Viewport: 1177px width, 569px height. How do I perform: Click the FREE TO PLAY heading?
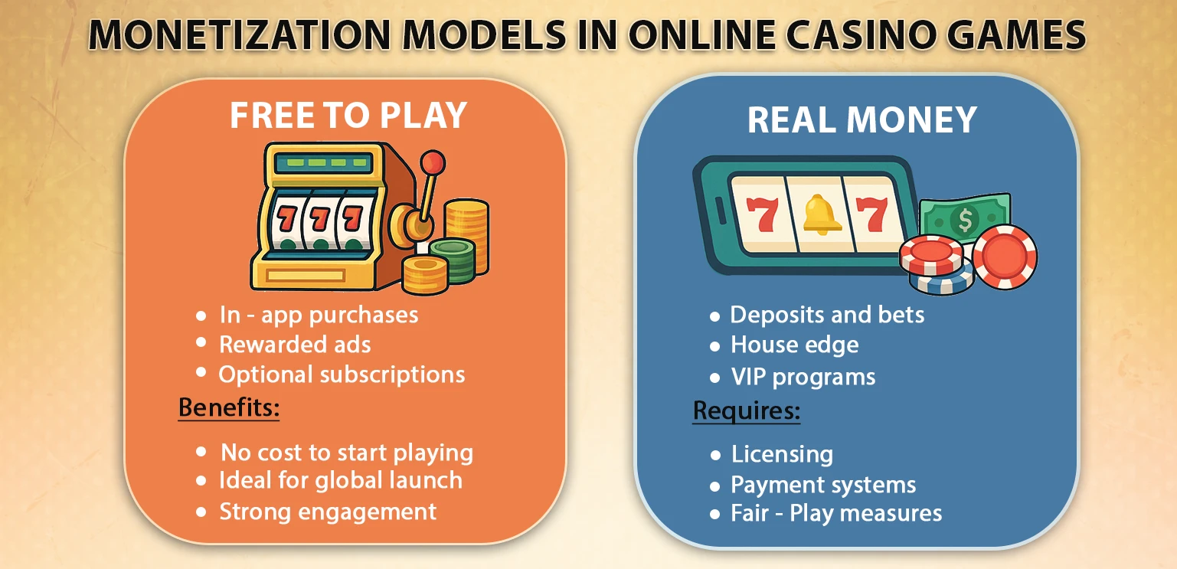348,115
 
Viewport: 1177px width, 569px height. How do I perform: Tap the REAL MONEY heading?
861,120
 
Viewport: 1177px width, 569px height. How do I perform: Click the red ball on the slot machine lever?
434,162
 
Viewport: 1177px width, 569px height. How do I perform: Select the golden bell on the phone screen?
822,214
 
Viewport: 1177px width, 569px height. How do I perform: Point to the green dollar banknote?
963,218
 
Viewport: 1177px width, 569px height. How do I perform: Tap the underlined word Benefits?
229,408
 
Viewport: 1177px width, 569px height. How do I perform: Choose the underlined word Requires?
746,411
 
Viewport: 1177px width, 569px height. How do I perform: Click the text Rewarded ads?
295,345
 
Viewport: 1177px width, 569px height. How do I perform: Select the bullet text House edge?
794,345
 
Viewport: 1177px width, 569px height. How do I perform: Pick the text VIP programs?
803,377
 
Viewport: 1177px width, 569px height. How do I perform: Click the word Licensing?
782,454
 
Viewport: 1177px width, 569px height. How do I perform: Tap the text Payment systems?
823,485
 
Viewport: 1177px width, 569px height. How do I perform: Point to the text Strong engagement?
328,512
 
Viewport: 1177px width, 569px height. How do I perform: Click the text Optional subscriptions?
342,374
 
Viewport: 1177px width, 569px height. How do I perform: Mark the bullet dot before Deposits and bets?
715,316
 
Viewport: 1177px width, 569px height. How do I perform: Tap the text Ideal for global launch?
340,481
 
